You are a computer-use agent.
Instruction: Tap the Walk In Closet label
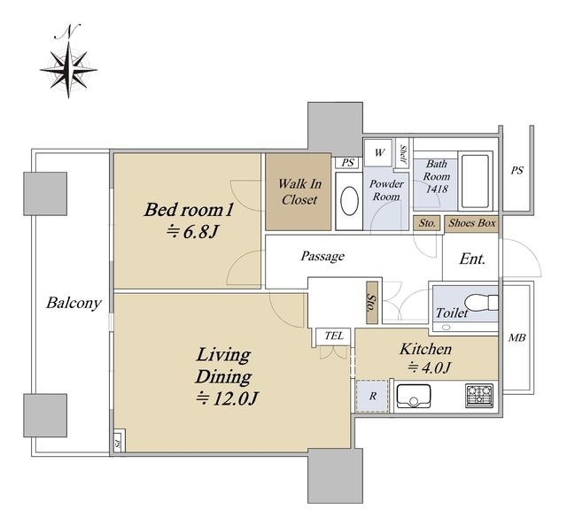click(x=299, y=191)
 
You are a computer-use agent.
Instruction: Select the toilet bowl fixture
click(x=480, y=302)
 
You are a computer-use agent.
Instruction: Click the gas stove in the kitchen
click(x=479, y=395)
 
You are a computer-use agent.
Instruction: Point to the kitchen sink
click(x=414, y=396)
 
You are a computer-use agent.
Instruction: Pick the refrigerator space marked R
click(x=372, y=396)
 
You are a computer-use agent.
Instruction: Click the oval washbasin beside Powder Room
click(x=349, y=201)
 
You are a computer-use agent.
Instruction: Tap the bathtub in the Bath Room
click(x=475, y=181)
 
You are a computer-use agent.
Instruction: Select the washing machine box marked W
click(x=378, y=152)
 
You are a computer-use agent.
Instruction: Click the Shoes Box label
click(x=472, y=223)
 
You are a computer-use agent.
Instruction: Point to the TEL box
click(x=333, y=336)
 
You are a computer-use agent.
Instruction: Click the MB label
click(x=517, y=338)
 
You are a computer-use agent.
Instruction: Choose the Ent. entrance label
click(x=472, y=259)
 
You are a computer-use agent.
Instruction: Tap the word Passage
click(x=322, y=256)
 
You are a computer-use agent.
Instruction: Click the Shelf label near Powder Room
click(x=402, y=154)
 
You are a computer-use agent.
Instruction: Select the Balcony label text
click(x=74, y=303)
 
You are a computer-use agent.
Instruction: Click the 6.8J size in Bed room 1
click(x=192, y=232)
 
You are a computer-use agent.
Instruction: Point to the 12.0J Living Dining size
click(x=228, y=398)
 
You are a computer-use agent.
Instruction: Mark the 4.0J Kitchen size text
click(x=429, y=367)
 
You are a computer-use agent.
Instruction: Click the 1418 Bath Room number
click(x=437, y=189)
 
